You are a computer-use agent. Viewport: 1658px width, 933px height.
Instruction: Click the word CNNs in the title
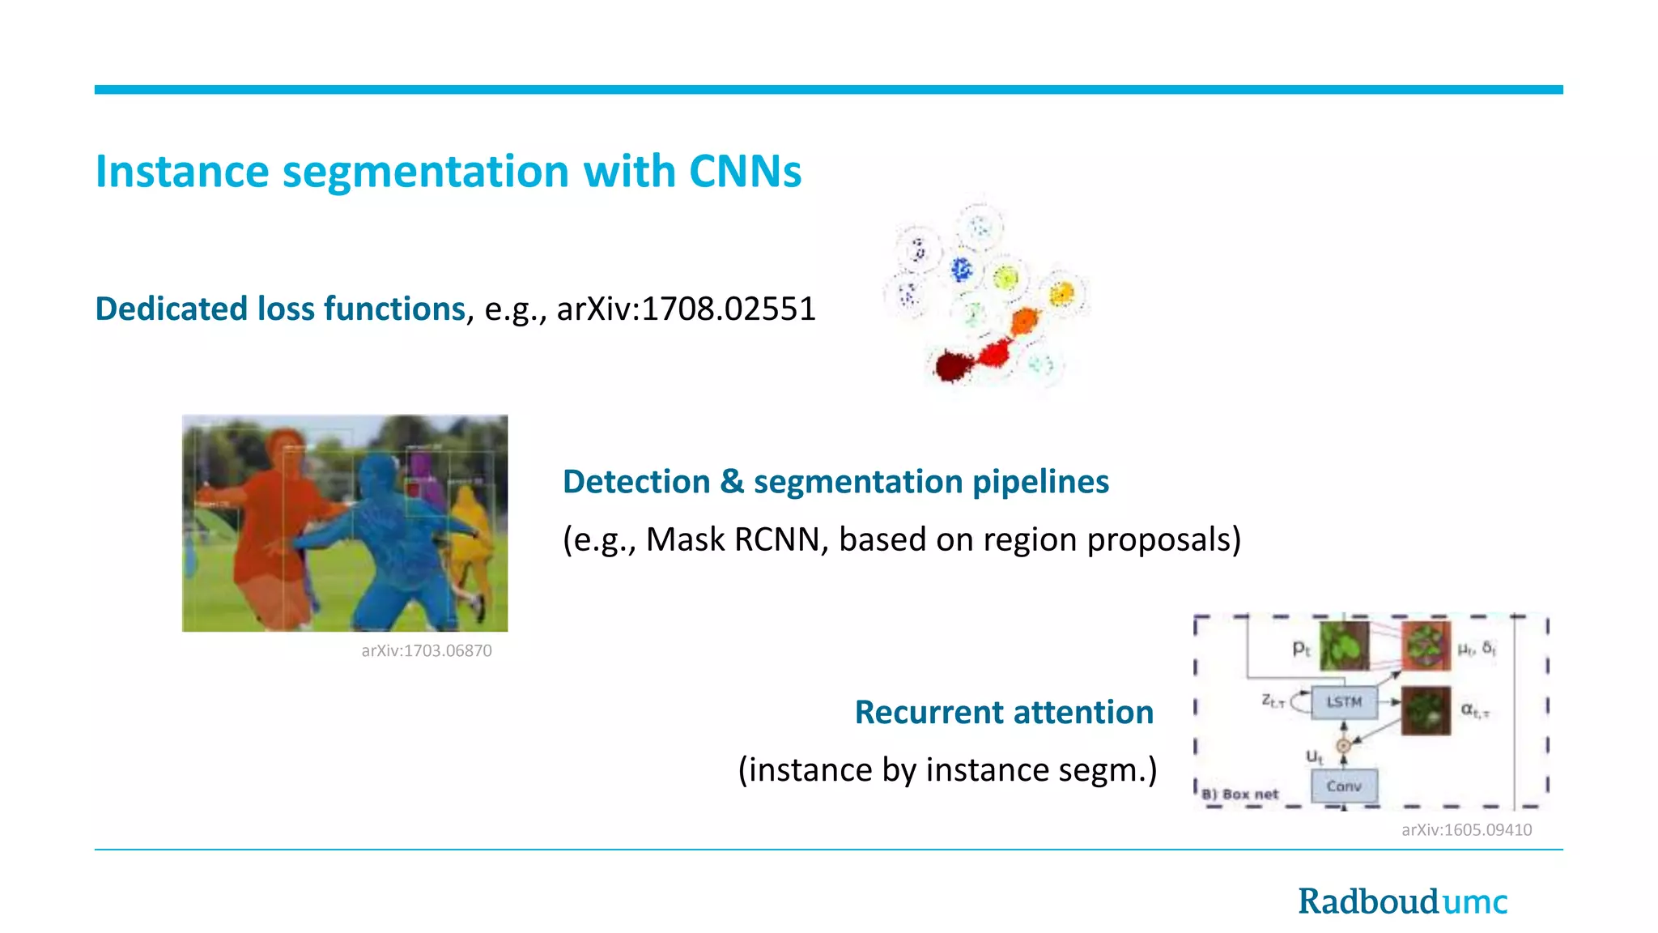point(744,172)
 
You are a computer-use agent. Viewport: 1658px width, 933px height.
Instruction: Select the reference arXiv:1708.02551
point(686,309)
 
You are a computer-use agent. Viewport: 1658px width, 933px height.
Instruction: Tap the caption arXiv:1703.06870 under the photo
point(426,651)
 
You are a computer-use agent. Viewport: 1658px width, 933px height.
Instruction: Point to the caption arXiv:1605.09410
point(1466,830)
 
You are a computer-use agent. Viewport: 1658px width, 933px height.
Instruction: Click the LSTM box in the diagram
point(1343,702)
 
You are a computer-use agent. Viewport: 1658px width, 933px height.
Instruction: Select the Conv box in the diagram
point(1343,786)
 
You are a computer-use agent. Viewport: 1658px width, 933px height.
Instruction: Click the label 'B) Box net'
point(1240,795)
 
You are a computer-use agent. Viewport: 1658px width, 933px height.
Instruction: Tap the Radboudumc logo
point(1402,901)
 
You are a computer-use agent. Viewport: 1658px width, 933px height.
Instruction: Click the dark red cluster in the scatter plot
point(950,366)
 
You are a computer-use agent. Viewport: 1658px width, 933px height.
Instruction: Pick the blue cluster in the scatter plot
point(961,269)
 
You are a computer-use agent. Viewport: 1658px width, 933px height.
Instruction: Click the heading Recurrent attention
point(1004,713)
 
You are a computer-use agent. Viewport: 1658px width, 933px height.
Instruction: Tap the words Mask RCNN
point(733,540)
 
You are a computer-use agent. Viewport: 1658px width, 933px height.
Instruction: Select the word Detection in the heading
point(636,482)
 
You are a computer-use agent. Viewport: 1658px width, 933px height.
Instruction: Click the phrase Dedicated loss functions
point(280,309)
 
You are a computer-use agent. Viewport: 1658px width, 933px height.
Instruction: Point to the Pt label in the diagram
point(1300,648)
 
